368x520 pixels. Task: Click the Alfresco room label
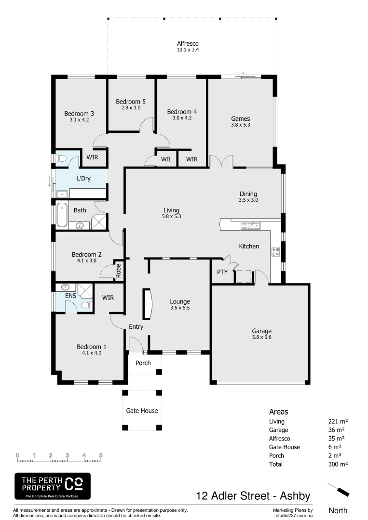pyautogui.click(x=188, y=43)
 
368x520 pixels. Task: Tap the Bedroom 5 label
pyautogui.click(x=131, y=102)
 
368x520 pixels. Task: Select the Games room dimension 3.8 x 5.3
pyautogui.click(x=240, y=125)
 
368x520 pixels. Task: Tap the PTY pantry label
pyautogui.click(x=222, y=272)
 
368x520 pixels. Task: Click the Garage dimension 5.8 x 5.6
pyautogui.click(x=261, y=338)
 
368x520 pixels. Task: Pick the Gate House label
pyautogui.click(x=142, y=411)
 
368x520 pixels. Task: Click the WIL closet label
pyautogui.click(x=166, y=159)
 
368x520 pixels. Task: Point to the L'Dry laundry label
pyautogui.click(x=84, y=178)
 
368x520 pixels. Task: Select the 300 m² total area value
pyautogui.click(x=338, y=464)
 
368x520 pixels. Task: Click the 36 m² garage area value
pyautogui.click(x=336, y=430)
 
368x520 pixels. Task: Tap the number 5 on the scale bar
pyautogui.click(x=101, y=455)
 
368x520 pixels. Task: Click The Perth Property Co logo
pyautogui.click(x=52, y=486)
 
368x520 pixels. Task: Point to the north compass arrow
pyautogui.click(x=339, y=490)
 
